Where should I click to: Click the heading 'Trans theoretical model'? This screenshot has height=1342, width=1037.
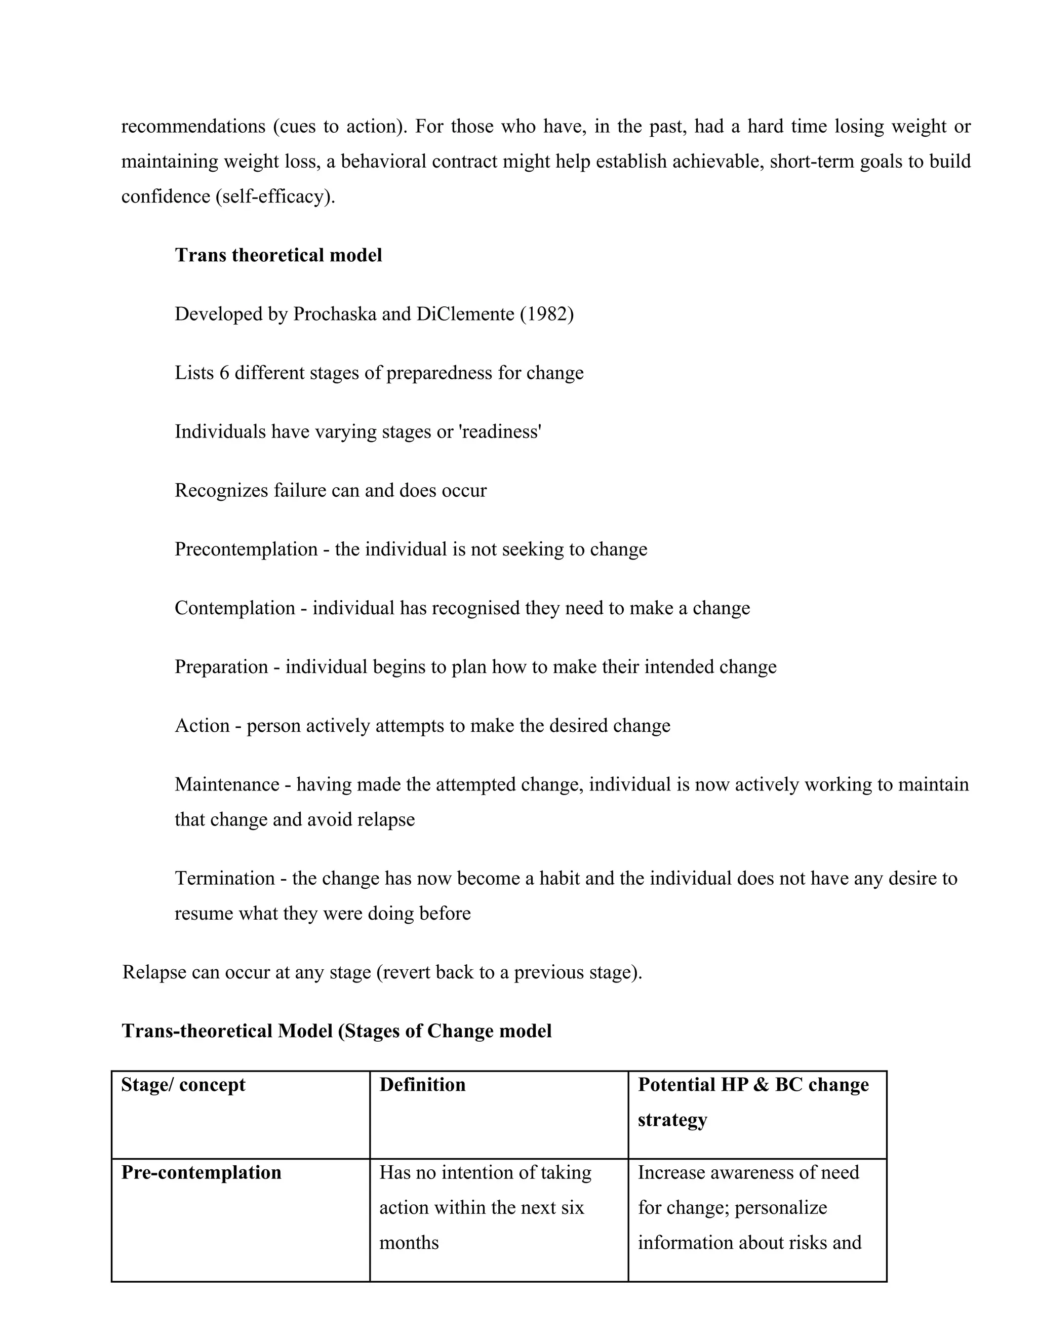tap(278, 255)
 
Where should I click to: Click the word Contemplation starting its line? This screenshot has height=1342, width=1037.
tap(234, 608)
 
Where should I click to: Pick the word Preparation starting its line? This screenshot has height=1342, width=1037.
tap(221, 667)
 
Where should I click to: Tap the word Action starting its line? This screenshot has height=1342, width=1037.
tap(202, 726)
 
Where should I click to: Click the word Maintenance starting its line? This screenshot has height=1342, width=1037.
tap(227, 784)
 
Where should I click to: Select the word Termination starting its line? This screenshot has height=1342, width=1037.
tap(225, 878)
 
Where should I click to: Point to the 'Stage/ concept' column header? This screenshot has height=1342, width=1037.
tap(183, 1085)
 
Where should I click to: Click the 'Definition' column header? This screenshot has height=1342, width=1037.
tap(423, 1085)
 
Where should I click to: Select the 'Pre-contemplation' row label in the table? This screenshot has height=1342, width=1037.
tap(202, 1172)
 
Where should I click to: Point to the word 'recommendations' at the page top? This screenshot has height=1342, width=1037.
tap(193, 127)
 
